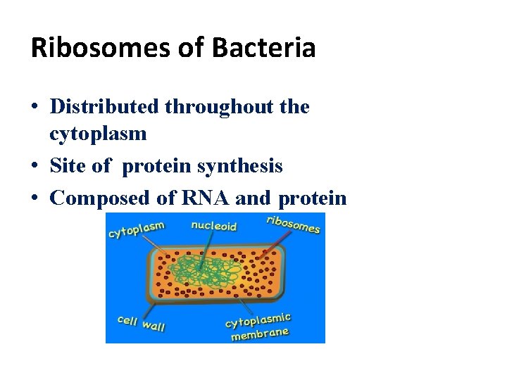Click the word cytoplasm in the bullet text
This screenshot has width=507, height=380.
point(98,133)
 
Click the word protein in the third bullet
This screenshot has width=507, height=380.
point(313,199)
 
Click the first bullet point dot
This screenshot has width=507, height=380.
point(35,108)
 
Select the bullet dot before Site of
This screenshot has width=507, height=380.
point(35,167)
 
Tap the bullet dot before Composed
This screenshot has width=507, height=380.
point(35,199)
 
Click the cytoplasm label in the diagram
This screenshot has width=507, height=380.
point(136,229)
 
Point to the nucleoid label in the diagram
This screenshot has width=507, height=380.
point(214,227)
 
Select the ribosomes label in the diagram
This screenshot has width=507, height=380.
point(293,224)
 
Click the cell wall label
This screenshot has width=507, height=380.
point(141,323)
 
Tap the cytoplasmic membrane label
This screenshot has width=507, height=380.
point(258,327)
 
